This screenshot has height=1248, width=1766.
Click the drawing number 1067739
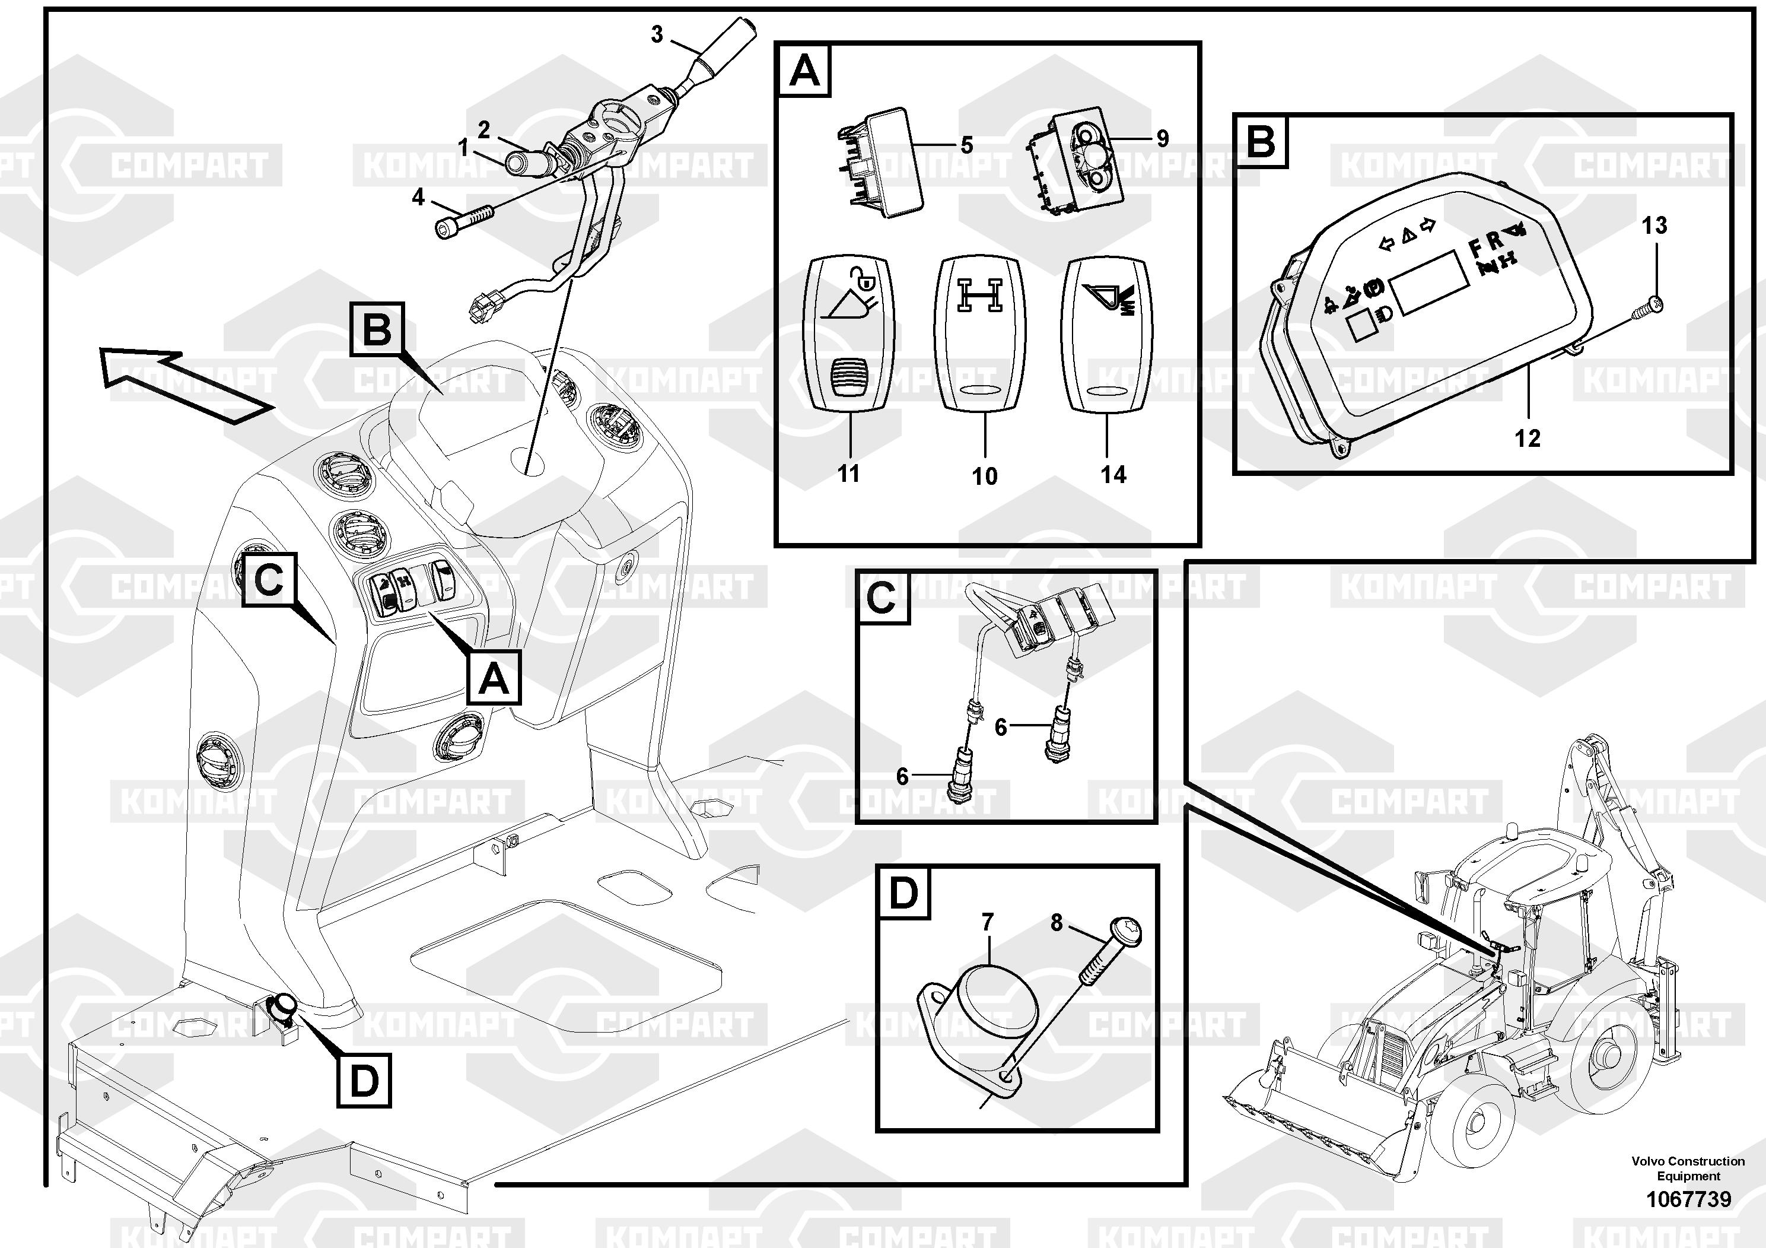click(1688, 1199)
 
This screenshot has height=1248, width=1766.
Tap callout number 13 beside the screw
click(1654, 226)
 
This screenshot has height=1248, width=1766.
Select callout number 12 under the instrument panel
click(1527, 439)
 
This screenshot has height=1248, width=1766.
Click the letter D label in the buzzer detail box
click(903, 893)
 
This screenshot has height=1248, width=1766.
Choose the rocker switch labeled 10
click(980, 334)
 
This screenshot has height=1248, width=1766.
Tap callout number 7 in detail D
click(988, 921)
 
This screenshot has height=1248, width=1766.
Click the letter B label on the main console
click(377, 329)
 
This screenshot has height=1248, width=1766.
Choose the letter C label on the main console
click(269, 579)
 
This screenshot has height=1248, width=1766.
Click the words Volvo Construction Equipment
click(1688, 1168)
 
